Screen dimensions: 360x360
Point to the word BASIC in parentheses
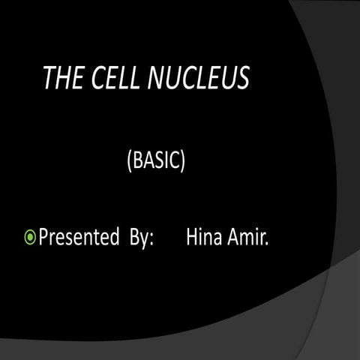coord(157,160)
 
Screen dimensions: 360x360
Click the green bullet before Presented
coord(31,239)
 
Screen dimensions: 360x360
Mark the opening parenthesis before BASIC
coord(130,161)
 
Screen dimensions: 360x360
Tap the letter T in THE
coord(50,79)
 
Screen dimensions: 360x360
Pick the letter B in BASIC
coord(139,160)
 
